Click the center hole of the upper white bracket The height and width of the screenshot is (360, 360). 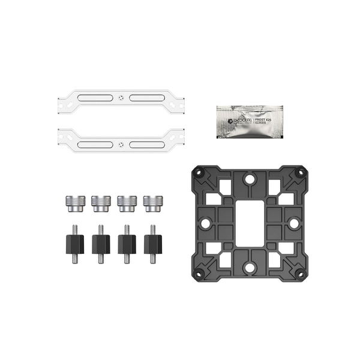click(122, 98)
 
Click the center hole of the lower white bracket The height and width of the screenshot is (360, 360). click(122, 144)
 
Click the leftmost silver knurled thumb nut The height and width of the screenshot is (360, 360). click(74, 203)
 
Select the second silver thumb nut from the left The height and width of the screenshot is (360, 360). click(100, 203)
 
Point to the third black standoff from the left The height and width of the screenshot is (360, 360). click(126, 243)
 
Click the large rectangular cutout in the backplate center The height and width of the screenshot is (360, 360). click(249, 222)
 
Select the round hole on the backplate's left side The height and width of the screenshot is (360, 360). click(205, 223)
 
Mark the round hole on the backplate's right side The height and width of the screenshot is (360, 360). click(294, 223)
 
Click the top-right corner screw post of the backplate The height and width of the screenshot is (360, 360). click(298, 173)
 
